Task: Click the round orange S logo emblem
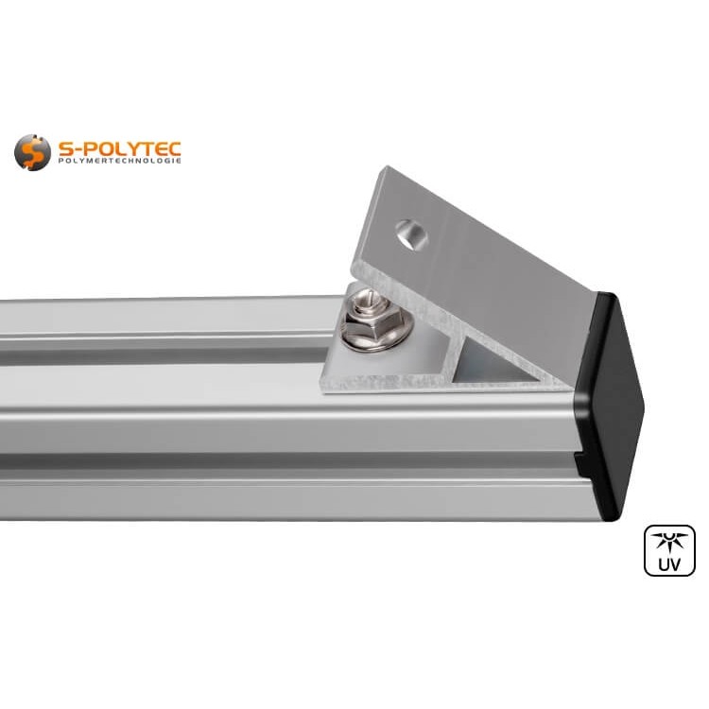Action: click(x=32, y=152)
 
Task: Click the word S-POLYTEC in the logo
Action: click(x=118, y=147)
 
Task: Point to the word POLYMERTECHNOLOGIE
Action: click(x=119, y=162)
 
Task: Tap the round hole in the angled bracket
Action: click(x=410, y=233)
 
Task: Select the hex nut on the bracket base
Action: click(x=363, y=327)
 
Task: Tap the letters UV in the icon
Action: click(x=669, y=565)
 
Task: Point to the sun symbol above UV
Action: click(x=669, y=543)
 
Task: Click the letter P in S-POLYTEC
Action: click(x=81, y=147)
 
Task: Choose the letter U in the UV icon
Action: click(x=662, y=565)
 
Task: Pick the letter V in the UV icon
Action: click(x=677, y=565)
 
